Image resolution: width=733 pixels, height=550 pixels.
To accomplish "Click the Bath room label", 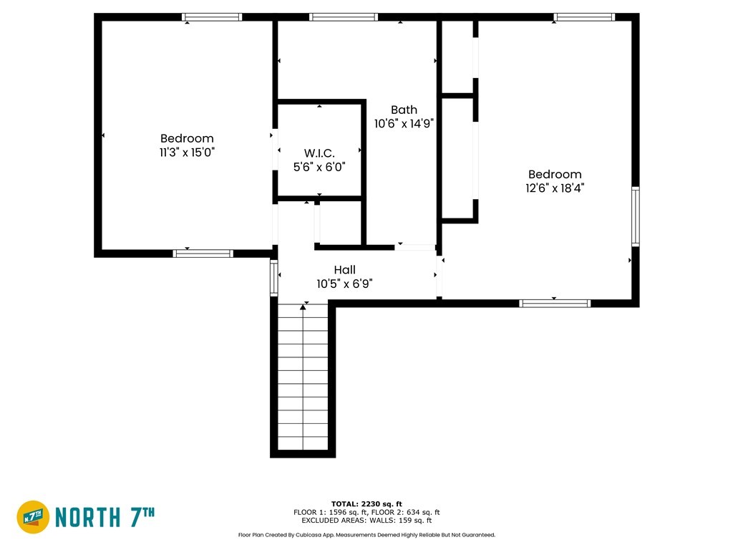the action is point(404,110).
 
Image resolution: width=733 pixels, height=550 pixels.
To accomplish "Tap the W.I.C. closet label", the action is point(319,153).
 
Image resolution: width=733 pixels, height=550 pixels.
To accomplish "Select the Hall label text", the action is point(344,270).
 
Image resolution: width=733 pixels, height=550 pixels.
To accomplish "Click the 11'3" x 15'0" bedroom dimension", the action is point(187,152).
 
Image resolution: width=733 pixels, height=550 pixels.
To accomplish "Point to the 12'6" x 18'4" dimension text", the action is point(555,188).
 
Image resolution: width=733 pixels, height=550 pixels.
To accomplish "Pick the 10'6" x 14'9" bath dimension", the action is point(404,123).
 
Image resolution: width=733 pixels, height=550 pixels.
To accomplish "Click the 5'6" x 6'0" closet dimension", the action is point(319,167).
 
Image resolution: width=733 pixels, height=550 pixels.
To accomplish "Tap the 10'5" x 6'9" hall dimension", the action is point(344,284).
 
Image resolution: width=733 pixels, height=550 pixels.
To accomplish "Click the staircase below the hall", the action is point(303,377).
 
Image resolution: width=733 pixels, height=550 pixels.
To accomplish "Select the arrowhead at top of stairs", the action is point(303,307).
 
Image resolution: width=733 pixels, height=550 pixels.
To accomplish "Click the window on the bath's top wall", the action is point(343,17).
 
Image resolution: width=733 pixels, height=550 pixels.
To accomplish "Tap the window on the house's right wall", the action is point(636,216).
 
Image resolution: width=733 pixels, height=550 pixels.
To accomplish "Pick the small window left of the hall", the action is point(274,278).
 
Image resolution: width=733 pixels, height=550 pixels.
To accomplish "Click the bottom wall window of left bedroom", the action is point(203,254).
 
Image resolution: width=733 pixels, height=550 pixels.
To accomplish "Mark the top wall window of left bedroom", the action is point(212,17).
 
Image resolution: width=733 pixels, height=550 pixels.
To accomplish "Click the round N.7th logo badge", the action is point(33,517).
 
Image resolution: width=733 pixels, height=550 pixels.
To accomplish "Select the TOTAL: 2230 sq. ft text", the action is point(366,503).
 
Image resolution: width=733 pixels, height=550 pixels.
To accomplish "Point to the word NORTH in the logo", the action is point(88,517).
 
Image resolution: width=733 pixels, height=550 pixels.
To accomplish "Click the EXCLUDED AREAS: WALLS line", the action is point(366,520).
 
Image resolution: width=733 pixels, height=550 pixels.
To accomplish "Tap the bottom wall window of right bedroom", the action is point(555,304).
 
